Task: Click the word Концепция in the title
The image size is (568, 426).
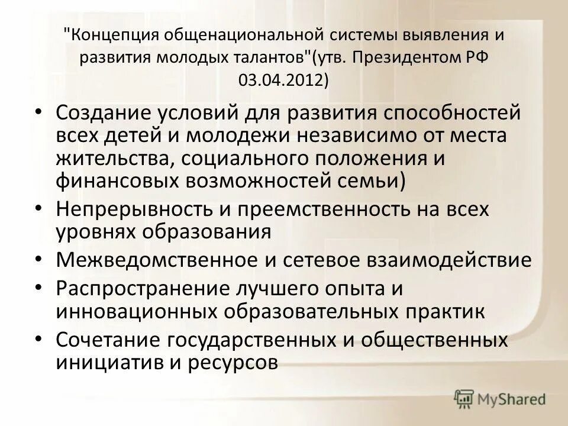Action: [112, 35]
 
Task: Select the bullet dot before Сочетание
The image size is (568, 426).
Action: [39, 339]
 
